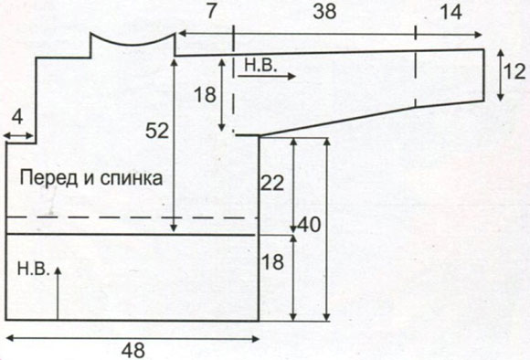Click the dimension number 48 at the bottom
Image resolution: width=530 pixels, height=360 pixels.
coord(133,349)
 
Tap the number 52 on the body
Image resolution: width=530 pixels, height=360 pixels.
coord(158,131)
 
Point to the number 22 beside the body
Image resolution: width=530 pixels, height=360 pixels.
coord(272,184)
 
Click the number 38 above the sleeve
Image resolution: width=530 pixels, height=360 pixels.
coord(324,12)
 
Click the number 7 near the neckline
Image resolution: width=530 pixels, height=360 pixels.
coord(211,12)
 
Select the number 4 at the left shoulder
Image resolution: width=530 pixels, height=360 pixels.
coord(17,118)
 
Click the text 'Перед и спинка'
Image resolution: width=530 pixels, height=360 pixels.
coord(90,178)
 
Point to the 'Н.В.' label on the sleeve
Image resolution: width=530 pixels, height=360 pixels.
coord(260,64)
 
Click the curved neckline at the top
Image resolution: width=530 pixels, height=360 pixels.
coord(132,41)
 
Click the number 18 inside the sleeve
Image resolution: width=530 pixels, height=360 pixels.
coord(206,94)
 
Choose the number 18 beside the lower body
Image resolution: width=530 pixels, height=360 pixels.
coord(272,262)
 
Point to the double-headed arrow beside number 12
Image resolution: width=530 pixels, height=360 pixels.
coord(499,75)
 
